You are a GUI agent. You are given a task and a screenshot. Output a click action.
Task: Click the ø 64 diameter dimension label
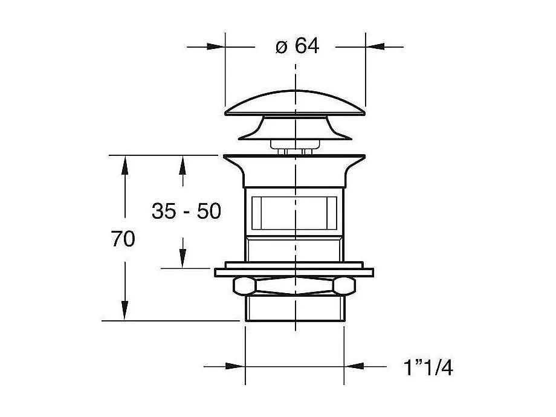point(297,46)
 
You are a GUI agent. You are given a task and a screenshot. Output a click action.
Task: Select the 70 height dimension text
point(123,239)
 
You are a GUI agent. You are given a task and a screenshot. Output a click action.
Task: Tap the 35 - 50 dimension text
point(187,211)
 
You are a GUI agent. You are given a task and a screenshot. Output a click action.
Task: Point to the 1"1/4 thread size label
point(428,367)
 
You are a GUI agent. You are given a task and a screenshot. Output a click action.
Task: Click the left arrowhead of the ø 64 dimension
point(216,47)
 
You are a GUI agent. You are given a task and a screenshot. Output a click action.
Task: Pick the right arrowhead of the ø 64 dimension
point(375,47)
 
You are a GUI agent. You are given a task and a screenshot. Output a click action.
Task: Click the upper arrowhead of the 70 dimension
point(124,164)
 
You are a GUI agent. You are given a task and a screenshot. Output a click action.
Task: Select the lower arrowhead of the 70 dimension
point(124,311)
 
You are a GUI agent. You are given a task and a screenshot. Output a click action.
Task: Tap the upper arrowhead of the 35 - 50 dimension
point(183,164)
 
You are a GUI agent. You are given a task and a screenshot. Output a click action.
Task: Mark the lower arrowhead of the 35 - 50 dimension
point(183,259)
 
